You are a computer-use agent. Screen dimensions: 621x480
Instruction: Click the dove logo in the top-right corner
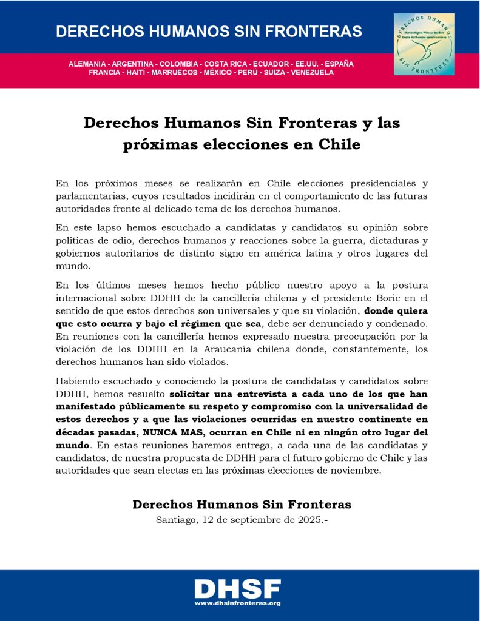point(424,44)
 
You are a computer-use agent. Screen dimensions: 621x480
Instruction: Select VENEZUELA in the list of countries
point(313,72)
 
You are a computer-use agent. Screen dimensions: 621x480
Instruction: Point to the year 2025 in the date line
point(307,519)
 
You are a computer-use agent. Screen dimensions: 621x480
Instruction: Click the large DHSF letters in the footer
point(238,588)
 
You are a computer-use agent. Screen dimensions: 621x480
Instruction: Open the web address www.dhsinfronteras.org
point(237,603)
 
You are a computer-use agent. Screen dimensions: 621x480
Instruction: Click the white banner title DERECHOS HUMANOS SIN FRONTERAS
point(209,32)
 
